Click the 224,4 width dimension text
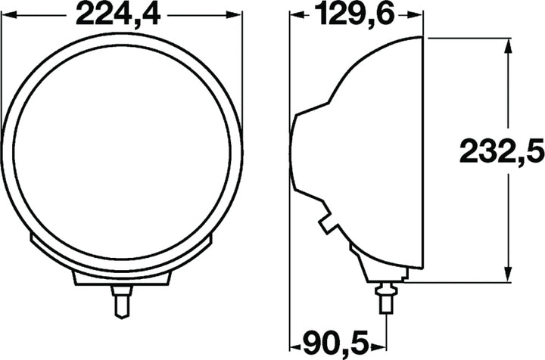tap(122, 14)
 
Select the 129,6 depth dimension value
tap(358, 14)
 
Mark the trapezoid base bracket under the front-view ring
tap(120, 275)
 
